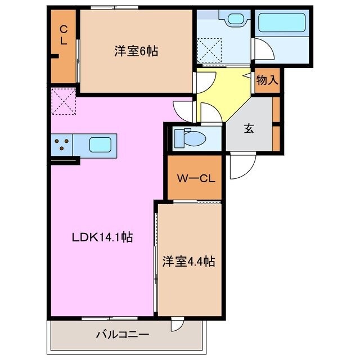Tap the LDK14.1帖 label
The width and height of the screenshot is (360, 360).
pos(102,237)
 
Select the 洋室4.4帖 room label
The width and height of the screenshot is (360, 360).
pos(188,261)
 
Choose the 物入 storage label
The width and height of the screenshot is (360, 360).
pos(267,80)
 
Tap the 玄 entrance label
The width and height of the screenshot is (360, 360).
pos(248,128)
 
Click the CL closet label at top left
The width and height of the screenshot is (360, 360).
pos(64,35)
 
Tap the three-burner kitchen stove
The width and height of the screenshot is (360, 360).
pos(62,145)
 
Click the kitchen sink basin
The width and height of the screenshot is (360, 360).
pos(100,145)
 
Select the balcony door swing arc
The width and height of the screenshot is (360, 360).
pos(178,325)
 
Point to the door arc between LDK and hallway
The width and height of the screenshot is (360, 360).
pos(184,107)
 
